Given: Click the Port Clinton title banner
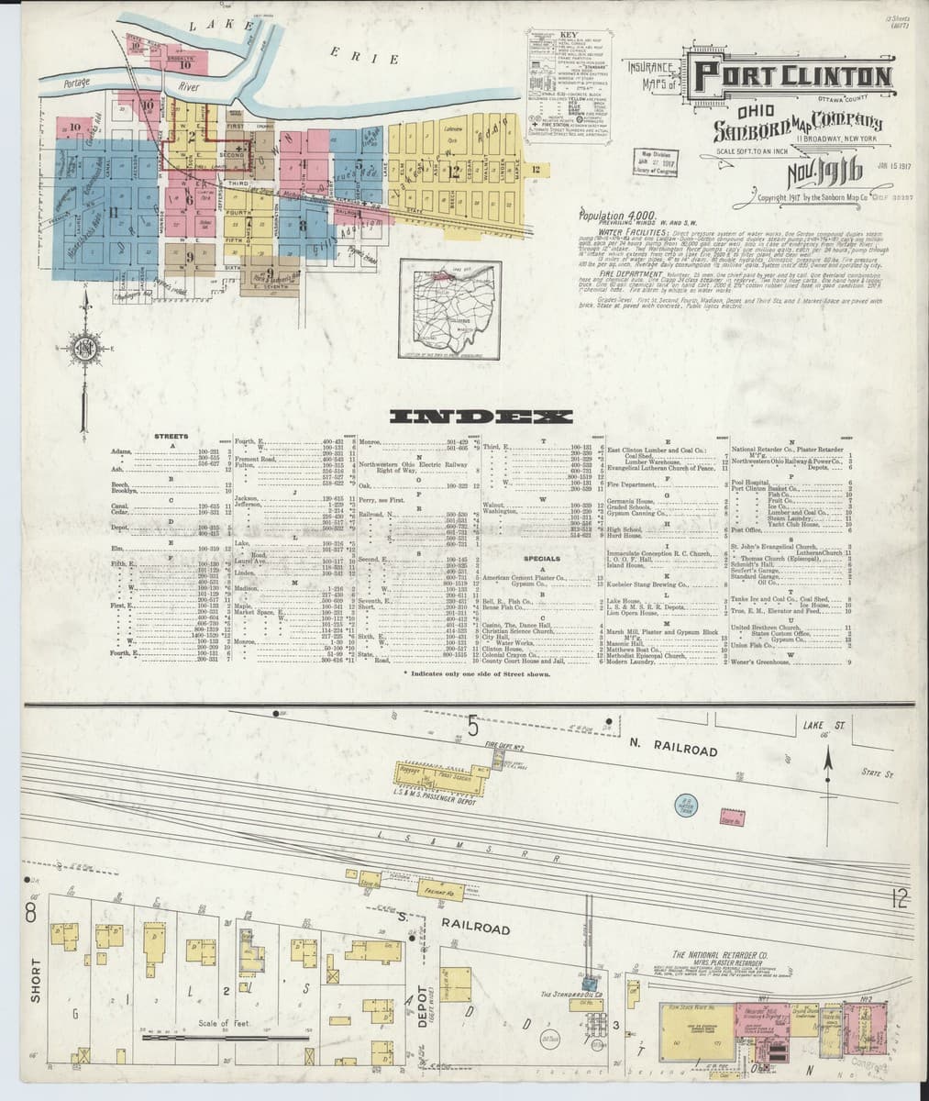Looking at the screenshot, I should click(791, 77).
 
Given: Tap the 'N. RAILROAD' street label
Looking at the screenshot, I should click(673, 748).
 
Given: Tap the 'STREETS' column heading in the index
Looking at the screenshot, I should click(171, 436).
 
